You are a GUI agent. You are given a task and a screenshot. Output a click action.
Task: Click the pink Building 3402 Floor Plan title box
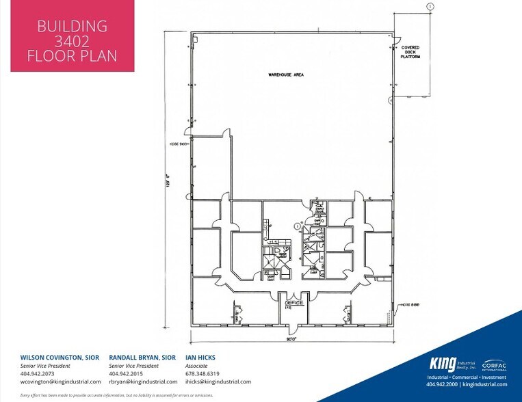click(x=72, y=40)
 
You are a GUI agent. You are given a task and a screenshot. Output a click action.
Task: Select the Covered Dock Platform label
click(x=410, y=52)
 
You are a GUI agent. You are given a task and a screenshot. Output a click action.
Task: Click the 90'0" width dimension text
click(x=291, y=338)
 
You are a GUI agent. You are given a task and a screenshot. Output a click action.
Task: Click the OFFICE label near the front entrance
click(x=293, y=301)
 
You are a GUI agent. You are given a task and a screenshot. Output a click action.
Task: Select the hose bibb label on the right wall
click(x=409, y=305)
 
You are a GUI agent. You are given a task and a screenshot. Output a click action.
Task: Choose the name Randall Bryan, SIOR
click(x=142, y=358)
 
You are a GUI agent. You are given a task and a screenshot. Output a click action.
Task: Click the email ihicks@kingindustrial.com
click(x=218, y=382)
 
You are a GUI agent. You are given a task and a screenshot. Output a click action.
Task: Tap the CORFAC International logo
click(x=494, y=364)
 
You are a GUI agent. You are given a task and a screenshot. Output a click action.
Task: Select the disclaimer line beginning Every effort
click(x=116, y=395)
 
